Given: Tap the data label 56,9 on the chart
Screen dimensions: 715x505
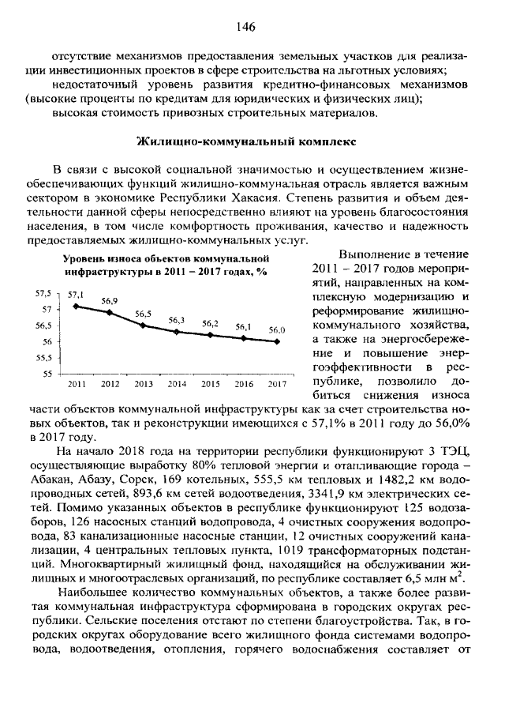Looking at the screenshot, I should click(110, 301).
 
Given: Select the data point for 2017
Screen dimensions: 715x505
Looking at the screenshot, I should click(277, 341).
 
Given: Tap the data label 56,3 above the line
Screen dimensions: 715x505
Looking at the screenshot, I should click(177, 320).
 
